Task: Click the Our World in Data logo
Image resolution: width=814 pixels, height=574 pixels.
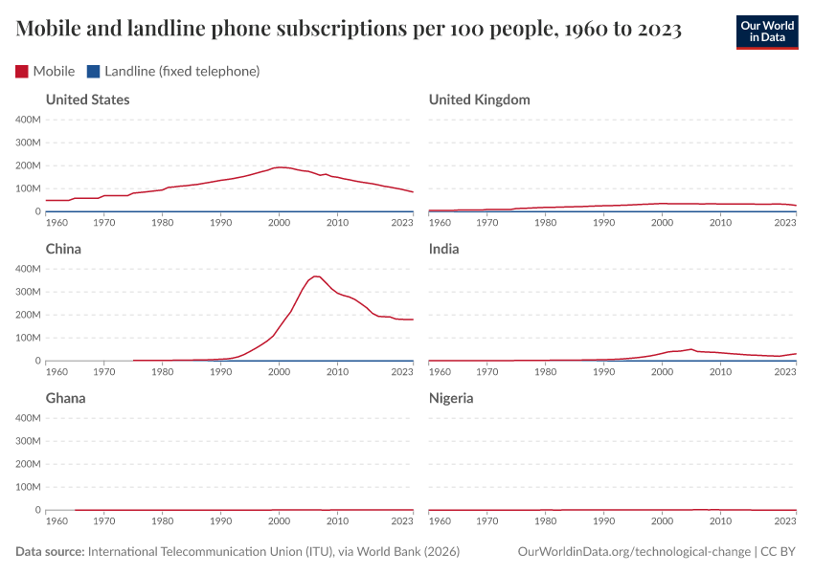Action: coord(766,32)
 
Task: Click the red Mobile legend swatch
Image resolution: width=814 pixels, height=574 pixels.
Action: coord(22,71)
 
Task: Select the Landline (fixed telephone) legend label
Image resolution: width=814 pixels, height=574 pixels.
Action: coord(182,71)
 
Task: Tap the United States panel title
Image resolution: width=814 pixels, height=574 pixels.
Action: coord(87,99)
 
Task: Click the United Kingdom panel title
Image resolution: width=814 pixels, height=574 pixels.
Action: coord(479,99)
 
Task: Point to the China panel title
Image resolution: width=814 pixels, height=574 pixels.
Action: coord(63,249)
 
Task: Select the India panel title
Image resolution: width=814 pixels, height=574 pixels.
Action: coord(443,249)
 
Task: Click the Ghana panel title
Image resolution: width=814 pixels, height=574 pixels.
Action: coord(65,398)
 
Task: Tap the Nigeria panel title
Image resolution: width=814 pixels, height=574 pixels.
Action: coord(451,398)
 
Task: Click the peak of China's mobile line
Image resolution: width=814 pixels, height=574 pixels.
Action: coord(316,276)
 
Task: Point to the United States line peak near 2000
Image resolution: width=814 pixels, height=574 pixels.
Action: coord(280,167)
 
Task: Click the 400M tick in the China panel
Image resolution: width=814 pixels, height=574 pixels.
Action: coord(26,269)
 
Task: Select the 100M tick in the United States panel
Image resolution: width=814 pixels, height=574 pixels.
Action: coord(26,188)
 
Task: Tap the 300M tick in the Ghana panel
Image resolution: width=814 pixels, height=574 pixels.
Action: coord(26,441)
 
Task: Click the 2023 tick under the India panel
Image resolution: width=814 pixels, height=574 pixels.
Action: coord(785,372)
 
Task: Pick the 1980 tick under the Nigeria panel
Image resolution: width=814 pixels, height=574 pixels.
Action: coord(546,521)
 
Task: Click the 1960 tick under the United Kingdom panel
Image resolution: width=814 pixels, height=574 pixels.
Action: coord(440,223)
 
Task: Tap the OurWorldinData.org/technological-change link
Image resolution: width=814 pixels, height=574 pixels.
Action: coord(633,552)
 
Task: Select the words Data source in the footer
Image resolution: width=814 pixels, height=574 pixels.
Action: coord(50,552)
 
